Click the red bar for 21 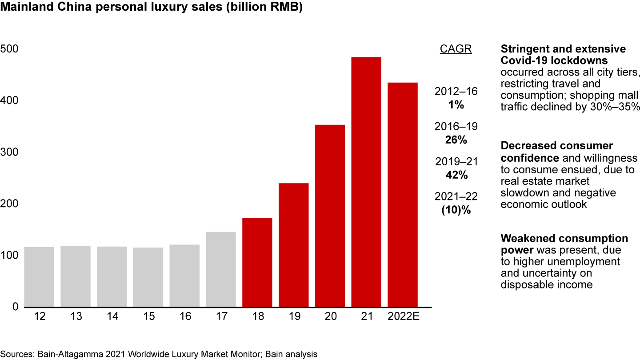click(x=366, y=182)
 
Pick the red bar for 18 click(x=257, y=262)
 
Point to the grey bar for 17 click(x=221, y=269)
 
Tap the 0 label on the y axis click(x=15, y=307)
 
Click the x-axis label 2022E click(x=403, y=316)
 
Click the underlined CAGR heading click(x=456, y=49)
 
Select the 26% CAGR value click(x=456, y=140)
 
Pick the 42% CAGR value click(x=456, y=175)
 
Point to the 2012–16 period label click(x=456, y=92)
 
